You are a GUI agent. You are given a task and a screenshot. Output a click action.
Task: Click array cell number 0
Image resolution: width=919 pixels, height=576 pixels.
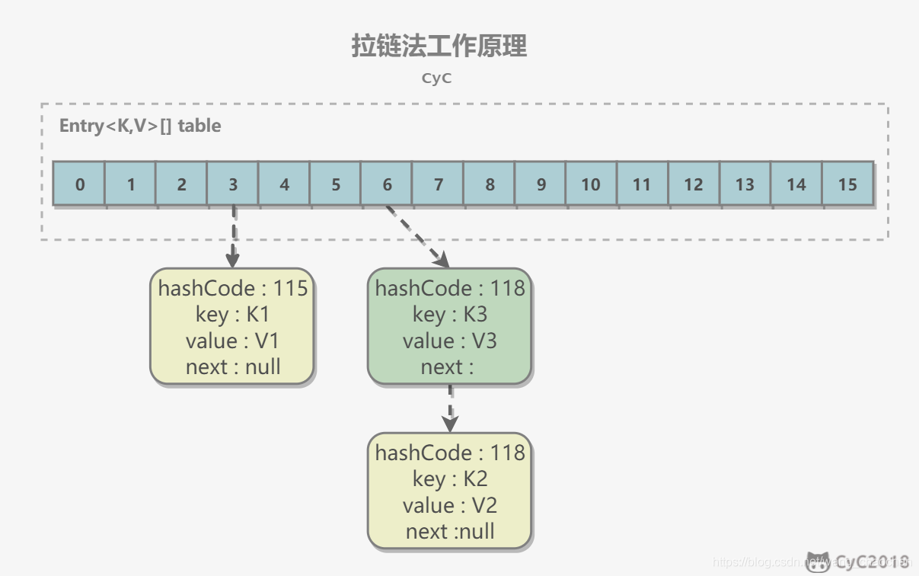pyautogui.click(x=79, y=184)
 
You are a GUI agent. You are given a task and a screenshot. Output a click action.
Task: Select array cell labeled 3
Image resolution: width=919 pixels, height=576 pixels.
pyautogui.click(x=233, y=184)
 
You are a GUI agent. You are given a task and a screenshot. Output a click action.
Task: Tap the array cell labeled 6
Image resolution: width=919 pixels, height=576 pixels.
pyautogui.click(x=387, y=184)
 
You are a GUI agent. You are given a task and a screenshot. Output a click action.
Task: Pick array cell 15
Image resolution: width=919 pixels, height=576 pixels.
pyautogui.click(x=847, y=184)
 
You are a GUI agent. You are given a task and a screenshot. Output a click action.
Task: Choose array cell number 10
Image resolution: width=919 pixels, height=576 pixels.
pyautogui.click(x=591, y=184)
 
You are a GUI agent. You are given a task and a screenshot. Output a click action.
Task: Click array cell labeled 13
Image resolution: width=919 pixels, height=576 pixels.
pyautogui.click(x=745, y=184)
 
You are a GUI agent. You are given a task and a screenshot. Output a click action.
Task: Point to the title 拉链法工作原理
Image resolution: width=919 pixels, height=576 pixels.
pyautogui.click(x=439, y=46)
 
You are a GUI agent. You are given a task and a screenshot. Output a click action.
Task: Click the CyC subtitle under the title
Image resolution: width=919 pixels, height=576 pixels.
pyautogui.click(x=437, y=78)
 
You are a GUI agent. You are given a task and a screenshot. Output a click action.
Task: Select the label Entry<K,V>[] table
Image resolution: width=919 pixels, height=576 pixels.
pyautogui.click(x=140, y=126)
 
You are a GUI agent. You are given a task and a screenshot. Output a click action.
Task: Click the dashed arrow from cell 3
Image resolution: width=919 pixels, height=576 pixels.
pyautogui.click(x=233, y=236)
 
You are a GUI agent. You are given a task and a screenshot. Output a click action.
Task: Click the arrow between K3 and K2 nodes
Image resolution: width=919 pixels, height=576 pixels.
pyautogui.click(x=450, y=408)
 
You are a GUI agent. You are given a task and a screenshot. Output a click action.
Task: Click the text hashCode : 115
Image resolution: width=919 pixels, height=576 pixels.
pyautogui.click(x=233, y=288)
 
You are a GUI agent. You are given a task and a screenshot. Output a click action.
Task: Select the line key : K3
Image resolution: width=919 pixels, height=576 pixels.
pyautogui.click(x=450, y=314)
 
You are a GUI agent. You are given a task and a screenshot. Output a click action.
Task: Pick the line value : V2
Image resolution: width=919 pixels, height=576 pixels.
pyautogui.click(x=450, y=504)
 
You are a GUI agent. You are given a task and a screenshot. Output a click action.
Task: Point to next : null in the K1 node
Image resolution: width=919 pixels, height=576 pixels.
pyautogui.click(x=233, y=366)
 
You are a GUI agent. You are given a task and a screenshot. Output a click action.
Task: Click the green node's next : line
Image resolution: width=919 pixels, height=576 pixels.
pyautogui.click(x=448, y=366)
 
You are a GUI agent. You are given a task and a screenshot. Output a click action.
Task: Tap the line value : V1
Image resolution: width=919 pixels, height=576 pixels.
pyautogui.click(x=233, y=341)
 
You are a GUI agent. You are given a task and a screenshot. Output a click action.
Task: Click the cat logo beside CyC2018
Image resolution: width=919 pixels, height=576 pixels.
pyautogui.click(x=818, y=562)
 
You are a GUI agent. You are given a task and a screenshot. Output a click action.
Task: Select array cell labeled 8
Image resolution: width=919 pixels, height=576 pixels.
pyautogui.click(x=489, y=184)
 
